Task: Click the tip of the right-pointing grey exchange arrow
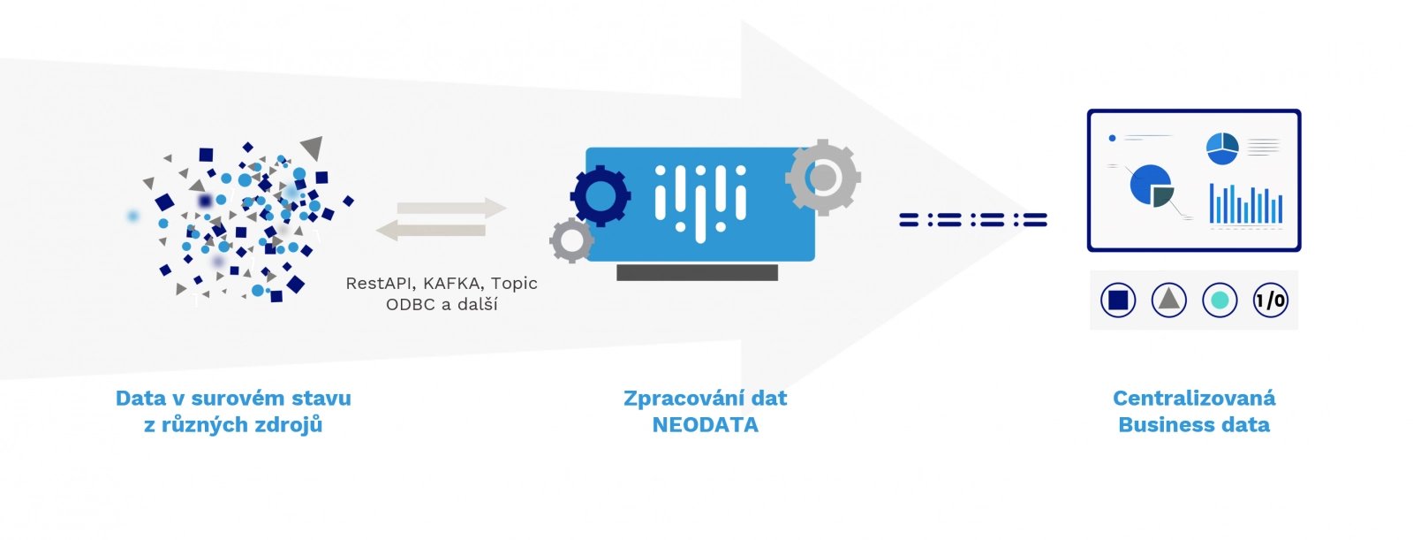(x=507, y=208)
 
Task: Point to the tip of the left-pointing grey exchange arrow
(x=376, y=230)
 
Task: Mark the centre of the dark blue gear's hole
(x=600, y=196)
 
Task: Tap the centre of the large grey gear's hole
(x=822, y=177)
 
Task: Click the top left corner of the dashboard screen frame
(x=1088, y=110)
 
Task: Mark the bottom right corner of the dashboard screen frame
(x=1301, y=251)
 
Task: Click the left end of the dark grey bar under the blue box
(x=617, y=273)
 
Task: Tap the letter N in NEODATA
(x=660, y=425)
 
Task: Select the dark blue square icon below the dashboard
(x=1118, y=300)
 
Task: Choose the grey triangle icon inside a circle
(x=1169, y=300)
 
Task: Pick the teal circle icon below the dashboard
(x=1220, y=300)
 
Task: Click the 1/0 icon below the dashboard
(x=1271, y=300)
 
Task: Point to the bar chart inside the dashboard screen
(x=1246, y=204)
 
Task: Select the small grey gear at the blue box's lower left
(x=571, y=240)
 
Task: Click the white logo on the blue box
(x=700, y=203)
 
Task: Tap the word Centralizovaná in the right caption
(x=1194, y=399)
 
